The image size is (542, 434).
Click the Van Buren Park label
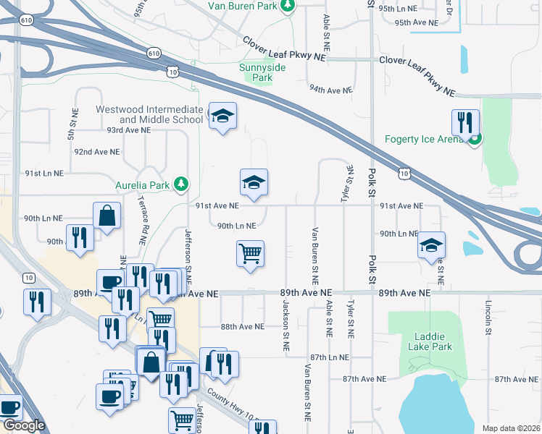(x=243, y=6)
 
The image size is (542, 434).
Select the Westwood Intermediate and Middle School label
(x=150, y=114)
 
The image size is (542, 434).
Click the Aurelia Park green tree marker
(x=184, y=185)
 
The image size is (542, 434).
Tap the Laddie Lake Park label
(x=433, y=341)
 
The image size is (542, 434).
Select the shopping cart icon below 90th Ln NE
(x=250, y=254)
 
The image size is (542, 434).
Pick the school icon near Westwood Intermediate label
(x=223, y=116)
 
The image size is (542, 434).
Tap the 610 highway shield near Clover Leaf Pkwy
(x=153, y=53)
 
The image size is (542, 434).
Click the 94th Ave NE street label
(x=330, y=90)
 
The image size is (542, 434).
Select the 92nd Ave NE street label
(x=96, y=152)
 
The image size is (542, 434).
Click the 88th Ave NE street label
(x=243, y=327)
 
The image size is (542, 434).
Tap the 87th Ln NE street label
(x=330, y=357)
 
